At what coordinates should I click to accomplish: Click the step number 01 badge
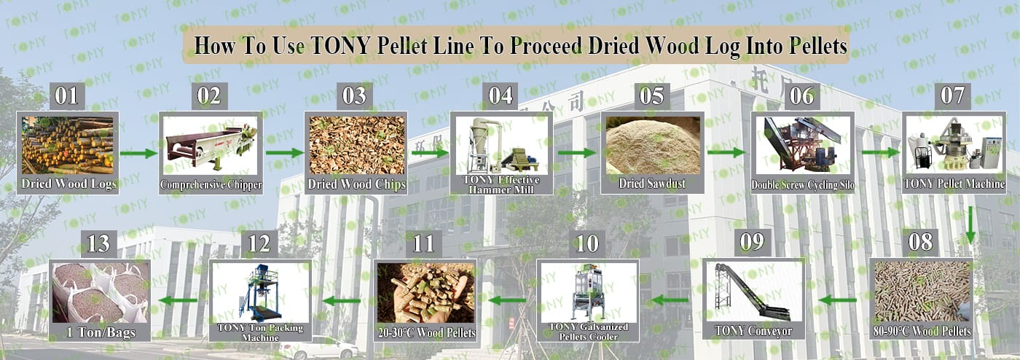tap(67, 95)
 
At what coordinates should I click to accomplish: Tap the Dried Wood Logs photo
tap(67, 145)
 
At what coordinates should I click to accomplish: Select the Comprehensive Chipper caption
tap(211, 185)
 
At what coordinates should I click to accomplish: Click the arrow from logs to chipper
tap(138, 153)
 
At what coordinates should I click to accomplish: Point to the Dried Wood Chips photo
tap(356, 145)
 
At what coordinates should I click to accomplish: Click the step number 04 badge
tap(501, 95)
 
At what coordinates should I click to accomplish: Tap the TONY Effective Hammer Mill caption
tap(501, 184)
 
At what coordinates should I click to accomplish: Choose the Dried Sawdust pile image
tap(653, 145)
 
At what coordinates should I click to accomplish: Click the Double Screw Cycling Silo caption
tap(802, 185)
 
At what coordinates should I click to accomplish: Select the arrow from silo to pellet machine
tap(881, 152)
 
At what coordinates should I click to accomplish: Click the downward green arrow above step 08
tap(970, 225)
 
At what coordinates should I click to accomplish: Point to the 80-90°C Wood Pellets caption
tap(922, 332)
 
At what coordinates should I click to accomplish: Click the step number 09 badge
tap(752, 241)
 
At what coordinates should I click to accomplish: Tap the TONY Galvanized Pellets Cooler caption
tap(589, 332)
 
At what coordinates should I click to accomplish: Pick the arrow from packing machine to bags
tap(178, 300)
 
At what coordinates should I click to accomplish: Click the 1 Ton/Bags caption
tap(101, 332)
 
